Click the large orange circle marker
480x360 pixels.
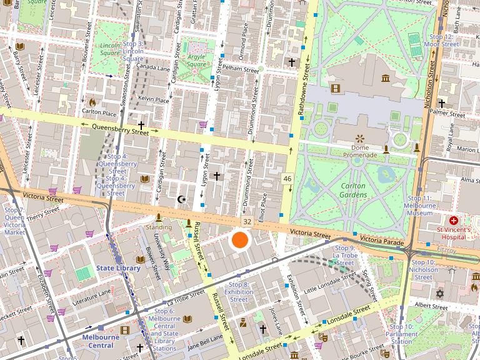pos(240,240)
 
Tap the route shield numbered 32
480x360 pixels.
pos(247,222)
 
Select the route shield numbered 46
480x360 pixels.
pos(287,179)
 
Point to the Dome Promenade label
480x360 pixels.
pos(359,147)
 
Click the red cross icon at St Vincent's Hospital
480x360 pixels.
pos(454,221)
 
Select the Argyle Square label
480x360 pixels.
pos(196,61)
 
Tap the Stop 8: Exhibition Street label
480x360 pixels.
pos(239,292)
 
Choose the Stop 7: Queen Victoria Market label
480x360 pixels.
pos(14,221)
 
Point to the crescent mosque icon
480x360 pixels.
pos(182,199)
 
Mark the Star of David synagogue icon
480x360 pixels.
pos(439,293)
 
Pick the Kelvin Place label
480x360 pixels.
pos(154,99)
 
